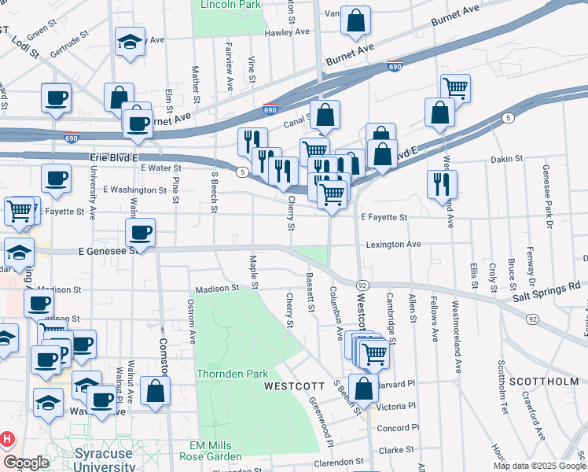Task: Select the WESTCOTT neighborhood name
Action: (x=294, y=386)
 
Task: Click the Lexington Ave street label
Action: (x=394, y=245)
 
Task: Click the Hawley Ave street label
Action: (x=288, y=33)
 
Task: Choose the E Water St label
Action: (x=161, y=168)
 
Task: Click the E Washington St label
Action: (x=135, y=190)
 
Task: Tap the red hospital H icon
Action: (x=6, y=438)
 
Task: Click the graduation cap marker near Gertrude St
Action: (x=130, y=42)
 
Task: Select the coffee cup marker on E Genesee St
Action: (x=141, y=232)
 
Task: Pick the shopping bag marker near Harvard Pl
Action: (x=363, y=389)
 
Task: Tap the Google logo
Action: (x=26, y=463)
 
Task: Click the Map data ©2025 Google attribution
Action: (x=538, y=466)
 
